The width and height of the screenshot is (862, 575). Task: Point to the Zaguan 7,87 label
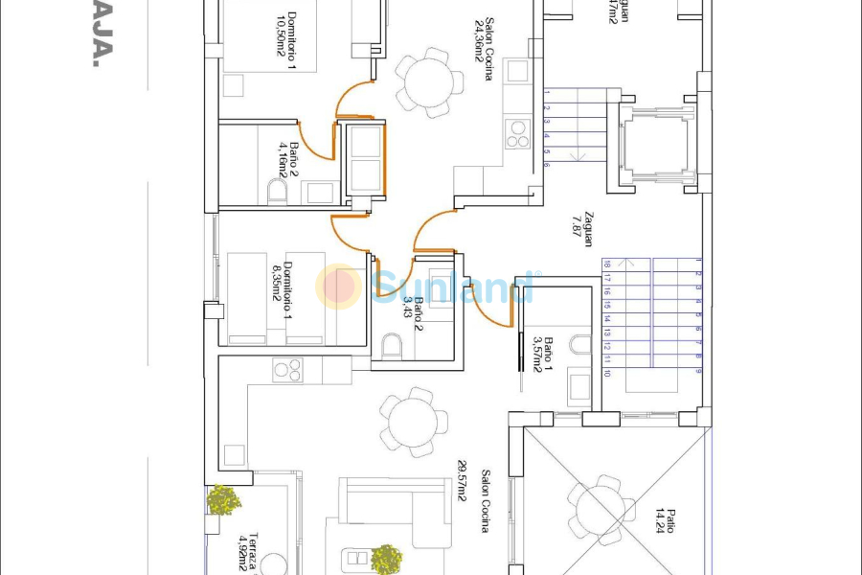583,230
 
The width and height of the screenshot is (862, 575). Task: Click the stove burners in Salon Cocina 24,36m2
518,133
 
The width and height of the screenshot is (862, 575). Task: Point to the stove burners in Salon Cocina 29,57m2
287,369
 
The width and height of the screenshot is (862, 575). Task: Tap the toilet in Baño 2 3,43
391,345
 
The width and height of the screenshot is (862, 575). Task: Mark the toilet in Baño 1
580,344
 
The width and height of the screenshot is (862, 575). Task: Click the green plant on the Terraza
224,499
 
